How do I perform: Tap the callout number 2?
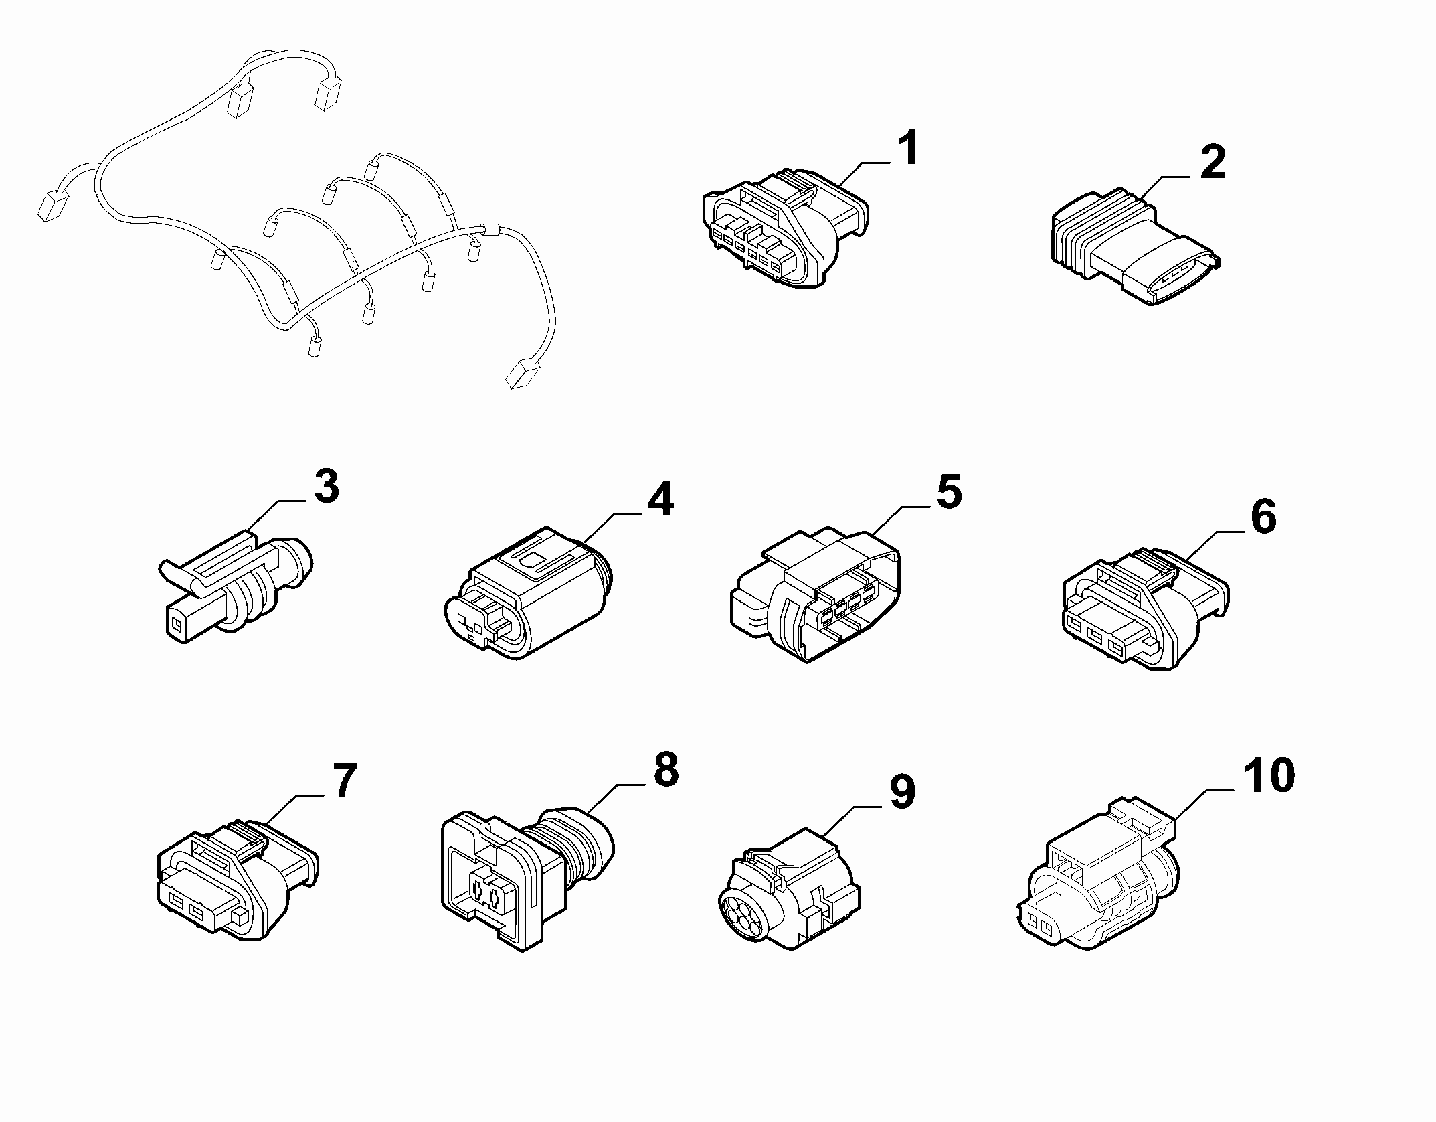[x=1213, y=163]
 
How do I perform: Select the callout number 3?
[x=327, y=487]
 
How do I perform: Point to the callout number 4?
[x=660, y=499]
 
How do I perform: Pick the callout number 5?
[x=948, y=492]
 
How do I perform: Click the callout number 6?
[x=1263, y=517]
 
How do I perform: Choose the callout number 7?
[x=345, y=780]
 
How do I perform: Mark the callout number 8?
[x=666, y=770]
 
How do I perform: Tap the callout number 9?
[x=901, y=792]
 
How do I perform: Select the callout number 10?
[x=1269, y=775]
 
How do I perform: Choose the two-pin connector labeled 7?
[x=238, y=880]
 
